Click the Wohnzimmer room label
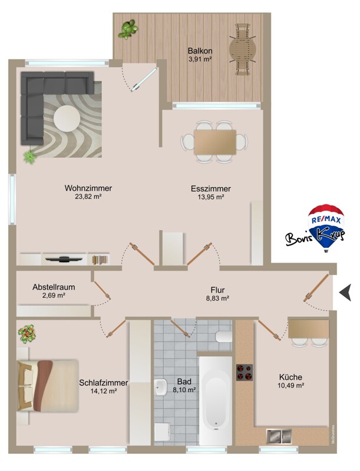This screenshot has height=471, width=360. click(x=88, y=188)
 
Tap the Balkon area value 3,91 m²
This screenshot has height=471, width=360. click(x=200, y=59)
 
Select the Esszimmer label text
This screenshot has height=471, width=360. click(x=211, y=188)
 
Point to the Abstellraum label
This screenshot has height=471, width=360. click(x=54, y=287)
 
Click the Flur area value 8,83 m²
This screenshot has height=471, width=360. click(x=217, y=298)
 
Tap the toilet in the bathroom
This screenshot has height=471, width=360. click(x=223, y=337)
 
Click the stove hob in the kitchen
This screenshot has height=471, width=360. click(x=245, y=373)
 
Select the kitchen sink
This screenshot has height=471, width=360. click(x=279, y=436)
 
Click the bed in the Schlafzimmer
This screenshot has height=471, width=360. click(x=48, y=386)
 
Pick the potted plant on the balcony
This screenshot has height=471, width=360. click(x=128, y=29)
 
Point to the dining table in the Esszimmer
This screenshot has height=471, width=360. click(x=215, y=142)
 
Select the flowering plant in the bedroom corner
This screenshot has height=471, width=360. click(x=27, y=334)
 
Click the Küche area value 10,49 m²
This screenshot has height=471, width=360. click(x=290, y=386)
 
